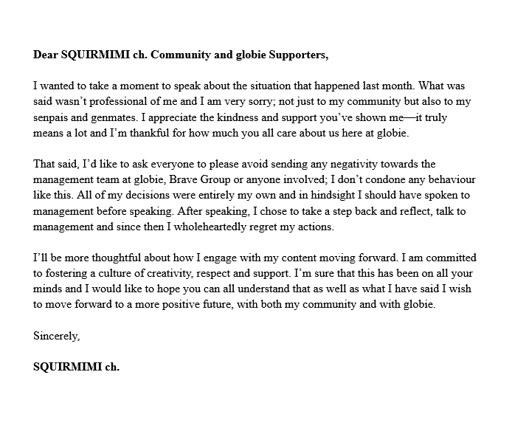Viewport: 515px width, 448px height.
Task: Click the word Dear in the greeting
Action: [x=46, y=54]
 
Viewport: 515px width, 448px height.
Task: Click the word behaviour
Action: [x=454, y=179]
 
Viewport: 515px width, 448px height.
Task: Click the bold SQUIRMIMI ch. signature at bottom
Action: [x=76, y=366]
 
